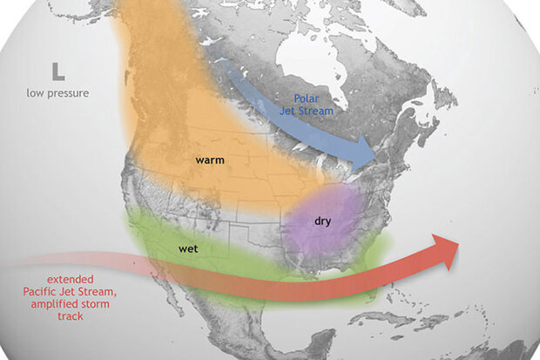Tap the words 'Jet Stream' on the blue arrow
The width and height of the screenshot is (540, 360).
313,112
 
